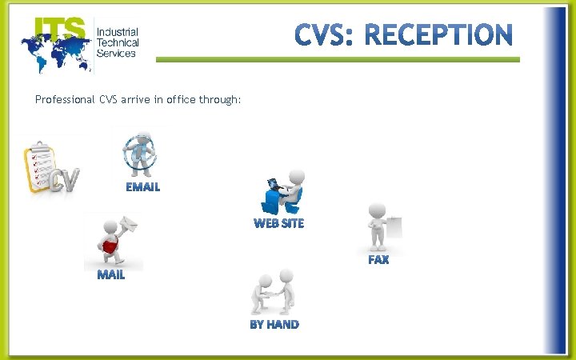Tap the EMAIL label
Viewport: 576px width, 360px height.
point(142,187)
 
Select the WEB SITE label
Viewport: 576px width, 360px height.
point(279,223)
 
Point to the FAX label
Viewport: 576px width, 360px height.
point(378,260)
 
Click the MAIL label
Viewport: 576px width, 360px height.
point(111,275)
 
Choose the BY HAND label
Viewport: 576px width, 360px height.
point(274,324)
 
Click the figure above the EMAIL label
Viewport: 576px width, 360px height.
point(140,154)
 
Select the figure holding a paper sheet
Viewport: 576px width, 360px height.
point(382,226)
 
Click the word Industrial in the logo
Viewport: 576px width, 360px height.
point(117,32)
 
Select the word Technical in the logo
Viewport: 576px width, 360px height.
point(118,42)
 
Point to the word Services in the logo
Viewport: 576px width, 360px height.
point(116,53)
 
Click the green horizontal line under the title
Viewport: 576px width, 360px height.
point(337,59)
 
